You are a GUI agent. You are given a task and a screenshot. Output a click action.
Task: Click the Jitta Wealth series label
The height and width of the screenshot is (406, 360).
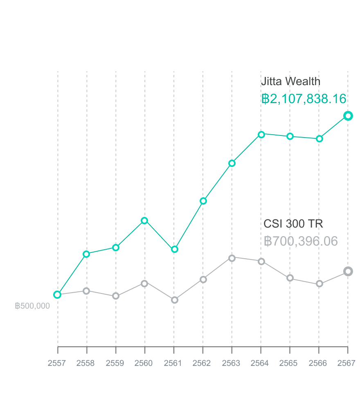click(x=290, y=81)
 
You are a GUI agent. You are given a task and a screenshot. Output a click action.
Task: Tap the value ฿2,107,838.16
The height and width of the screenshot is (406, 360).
click(x=304, y=99)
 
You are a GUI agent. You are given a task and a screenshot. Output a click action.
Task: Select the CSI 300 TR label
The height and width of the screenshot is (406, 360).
click(x=293, y=224)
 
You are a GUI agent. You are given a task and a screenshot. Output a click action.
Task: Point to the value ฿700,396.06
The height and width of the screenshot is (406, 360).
click(x=301, y=241)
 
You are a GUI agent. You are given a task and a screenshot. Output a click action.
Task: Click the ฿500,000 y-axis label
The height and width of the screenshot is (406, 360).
click(x=32, y=306)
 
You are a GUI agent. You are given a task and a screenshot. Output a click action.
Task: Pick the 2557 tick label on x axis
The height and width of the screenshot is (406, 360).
click(x=57, y=363)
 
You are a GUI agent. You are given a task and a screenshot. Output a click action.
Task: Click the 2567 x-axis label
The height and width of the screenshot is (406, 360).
click(x=347, y=363)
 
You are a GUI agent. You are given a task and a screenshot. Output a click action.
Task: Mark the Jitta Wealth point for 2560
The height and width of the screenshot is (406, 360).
click(x=144, y=221)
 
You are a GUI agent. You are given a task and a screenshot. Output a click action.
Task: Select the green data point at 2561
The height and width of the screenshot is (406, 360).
click(x=175, y=249)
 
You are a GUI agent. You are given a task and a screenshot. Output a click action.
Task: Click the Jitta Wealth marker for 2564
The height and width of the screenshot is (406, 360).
click(x=261, y=134)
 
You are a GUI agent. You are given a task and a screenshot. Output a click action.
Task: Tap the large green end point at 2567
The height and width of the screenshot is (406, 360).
click(x=348, y=116)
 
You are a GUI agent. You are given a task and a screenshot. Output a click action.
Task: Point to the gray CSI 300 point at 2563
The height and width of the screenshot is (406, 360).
click(x=232, y=258)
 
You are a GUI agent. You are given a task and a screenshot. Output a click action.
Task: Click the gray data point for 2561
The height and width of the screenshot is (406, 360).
click(x=175, y=300)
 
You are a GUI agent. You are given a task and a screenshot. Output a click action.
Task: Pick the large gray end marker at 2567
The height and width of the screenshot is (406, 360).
click(x=348, y=271)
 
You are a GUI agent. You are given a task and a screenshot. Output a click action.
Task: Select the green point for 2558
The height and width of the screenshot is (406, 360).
click(x=86, y=254)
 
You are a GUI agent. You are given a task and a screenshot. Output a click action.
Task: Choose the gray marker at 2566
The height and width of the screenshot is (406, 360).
click(x=319, y=284)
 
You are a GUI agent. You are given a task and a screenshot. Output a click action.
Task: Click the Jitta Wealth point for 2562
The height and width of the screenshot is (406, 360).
click(x=203, y=201)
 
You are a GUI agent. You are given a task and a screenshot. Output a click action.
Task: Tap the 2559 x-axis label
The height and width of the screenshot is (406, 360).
click(x=115, y=363)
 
